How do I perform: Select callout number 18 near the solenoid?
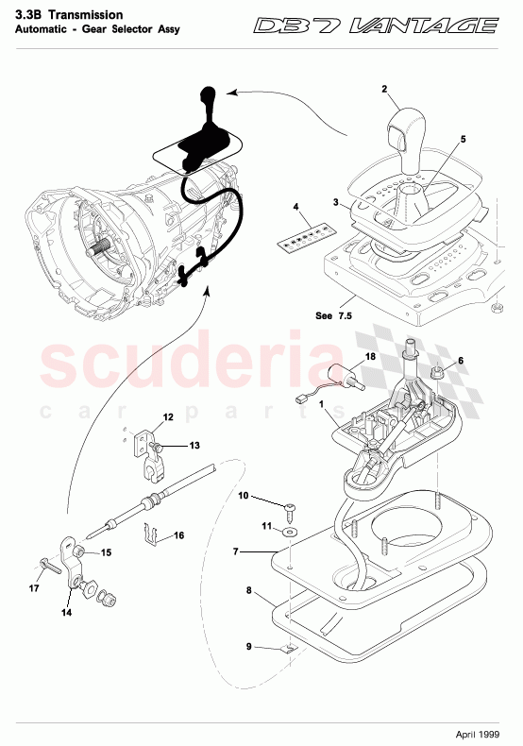tap(371, 357)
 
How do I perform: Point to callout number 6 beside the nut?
tap(461, 361)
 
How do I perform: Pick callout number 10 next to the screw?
tap(243, 495)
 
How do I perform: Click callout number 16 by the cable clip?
tap(179, 535)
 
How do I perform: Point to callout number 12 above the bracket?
tap(168, 416)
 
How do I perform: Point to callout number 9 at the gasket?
tap(249, 647)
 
